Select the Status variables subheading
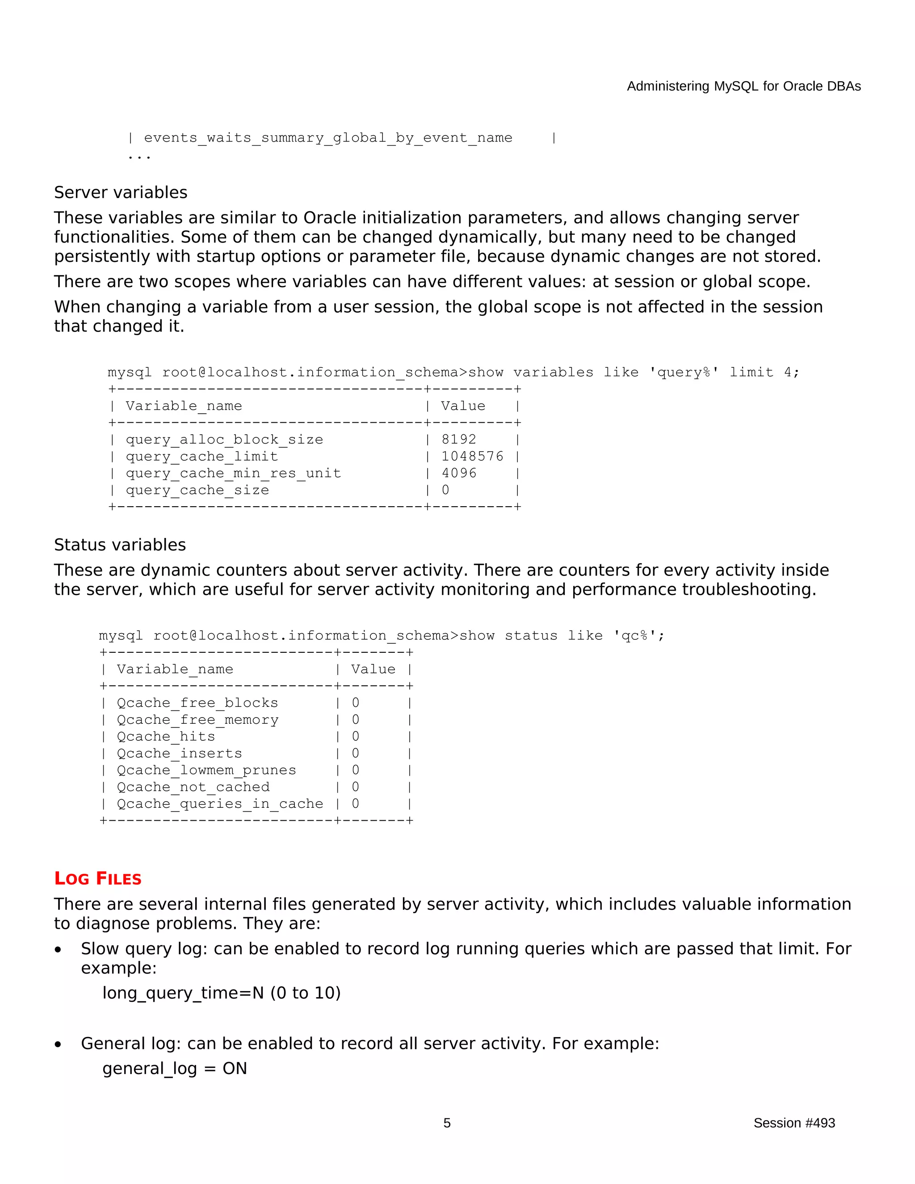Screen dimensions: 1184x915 click(x=120, y=545)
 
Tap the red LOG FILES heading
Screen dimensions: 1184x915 click(x=97, y=879)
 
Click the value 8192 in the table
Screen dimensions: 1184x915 click(x=458, y=439)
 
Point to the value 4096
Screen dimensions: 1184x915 click(x=458, y=473)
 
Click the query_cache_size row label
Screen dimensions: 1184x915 click(x=197, y=490)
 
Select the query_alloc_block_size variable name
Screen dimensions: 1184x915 click(x=224, y=439)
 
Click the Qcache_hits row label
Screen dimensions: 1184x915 click(x=166, y=736)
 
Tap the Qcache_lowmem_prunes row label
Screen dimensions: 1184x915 click(x=206, y=770)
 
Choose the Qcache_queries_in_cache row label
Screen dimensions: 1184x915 click(x=219, y=803)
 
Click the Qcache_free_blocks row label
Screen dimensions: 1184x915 click(x=197, y=703)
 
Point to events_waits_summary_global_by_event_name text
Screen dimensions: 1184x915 click(x=328, y=138)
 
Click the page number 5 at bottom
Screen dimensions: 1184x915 click(x=447, y=1123)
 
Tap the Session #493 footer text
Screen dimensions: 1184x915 click(x=793, y=1123)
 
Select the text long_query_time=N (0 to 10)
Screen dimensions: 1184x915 click(x=221, y=993)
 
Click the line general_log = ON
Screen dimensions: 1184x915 click(x=175, y=1068)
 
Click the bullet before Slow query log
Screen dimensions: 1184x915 click(x=58, y=950)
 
